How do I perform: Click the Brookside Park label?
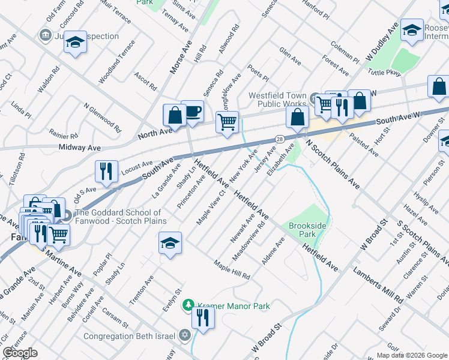point(307,231)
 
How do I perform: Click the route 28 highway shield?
point(280,139)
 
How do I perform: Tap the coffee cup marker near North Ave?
point(192,112)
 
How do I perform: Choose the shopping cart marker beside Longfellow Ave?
point(227,123)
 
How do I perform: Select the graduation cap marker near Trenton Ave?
point(170,244)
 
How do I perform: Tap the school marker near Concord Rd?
point(75,43)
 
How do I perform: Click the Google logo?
point(20,352)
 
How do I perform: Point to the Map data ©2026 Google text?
point(412,355)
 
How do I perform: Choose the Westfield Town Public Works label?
point(277,100)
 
